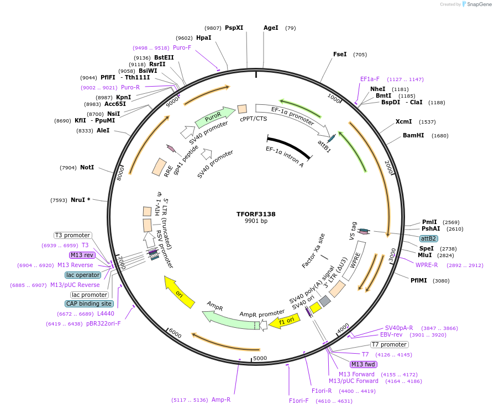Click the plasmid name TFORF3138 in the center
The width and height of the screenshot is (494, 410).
[256, 213]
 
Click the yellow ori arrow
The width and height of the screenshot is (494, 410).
[179, 292]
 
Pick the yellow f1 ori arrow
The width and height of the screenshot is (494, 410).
[285, 321]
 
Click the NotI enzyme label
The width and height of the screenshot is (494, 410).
[87, 167]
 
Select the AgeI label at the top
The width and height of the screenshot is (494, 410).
[271, 28]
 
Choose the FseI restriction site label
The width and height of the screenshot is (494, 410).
[340, 54]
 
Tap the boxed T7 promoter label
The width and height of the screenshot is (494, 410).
[389, 344]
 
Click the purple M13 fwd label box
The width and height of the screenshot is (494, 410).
[363, 364]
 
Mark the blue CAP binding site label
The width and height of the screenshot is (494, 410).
[90, 303]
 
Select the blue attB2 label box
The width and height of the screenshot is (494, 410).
[428, 238]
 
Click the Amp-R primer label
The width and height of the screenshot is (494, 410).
[221, 400]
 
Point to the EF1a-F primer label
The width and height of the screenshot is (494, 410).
[370, 79]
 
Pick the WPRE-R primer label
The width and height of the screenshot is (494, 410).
[427, 264]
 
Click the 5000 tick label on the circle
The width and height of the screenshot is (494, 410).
[260, 358]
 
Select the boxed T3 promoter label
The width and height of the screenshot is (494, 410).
[72, 235]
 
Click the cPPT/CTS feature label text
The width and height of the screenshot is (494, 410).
[254, 119]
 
